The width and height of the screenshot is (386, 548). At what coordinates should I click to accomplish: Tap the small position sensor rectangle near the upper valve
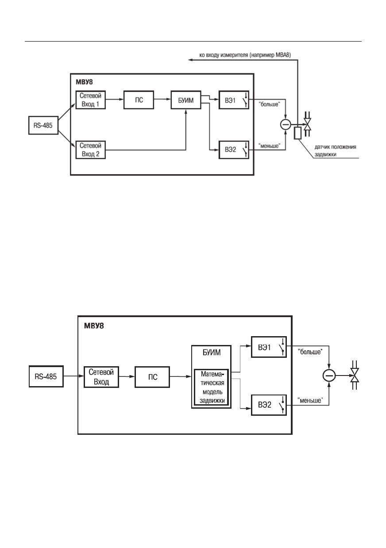[x=297, y=133]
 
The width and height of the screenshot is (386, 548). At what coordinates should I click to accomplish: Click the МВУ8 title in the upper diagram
[x=84, y=82]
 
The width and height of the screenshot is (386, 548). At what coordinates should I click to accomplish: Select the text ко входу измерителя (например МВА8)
[x=245, y=55]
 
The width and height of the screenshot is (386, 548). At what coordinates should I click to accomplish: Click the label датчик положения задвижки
[x=335, y=151]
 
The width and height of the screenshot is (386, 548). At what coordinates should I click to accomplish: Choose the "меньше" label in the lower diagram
[x=310, y=400]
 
